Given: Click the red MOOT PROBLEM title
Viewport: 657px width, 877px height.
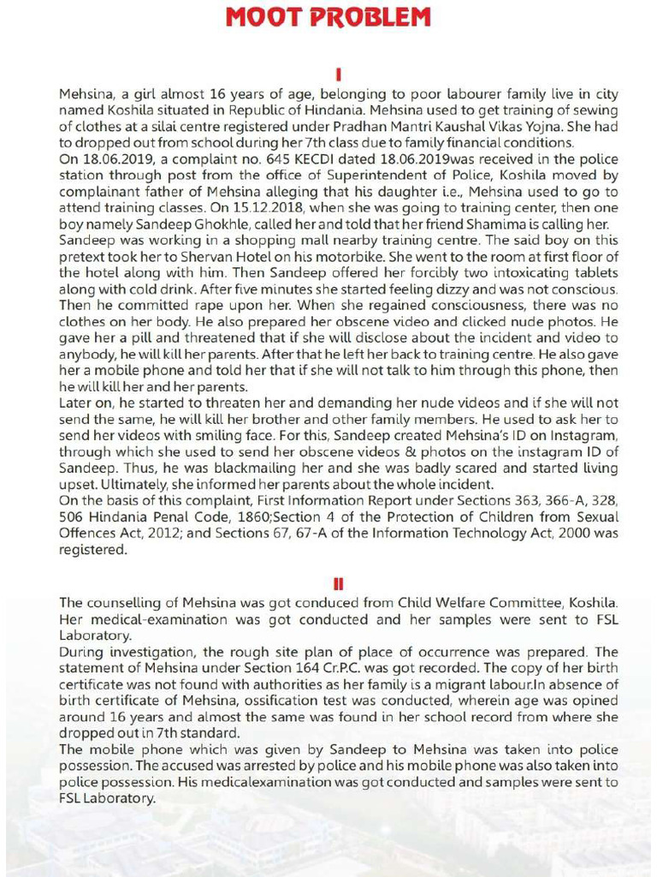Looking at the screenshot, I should point(328,17).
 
